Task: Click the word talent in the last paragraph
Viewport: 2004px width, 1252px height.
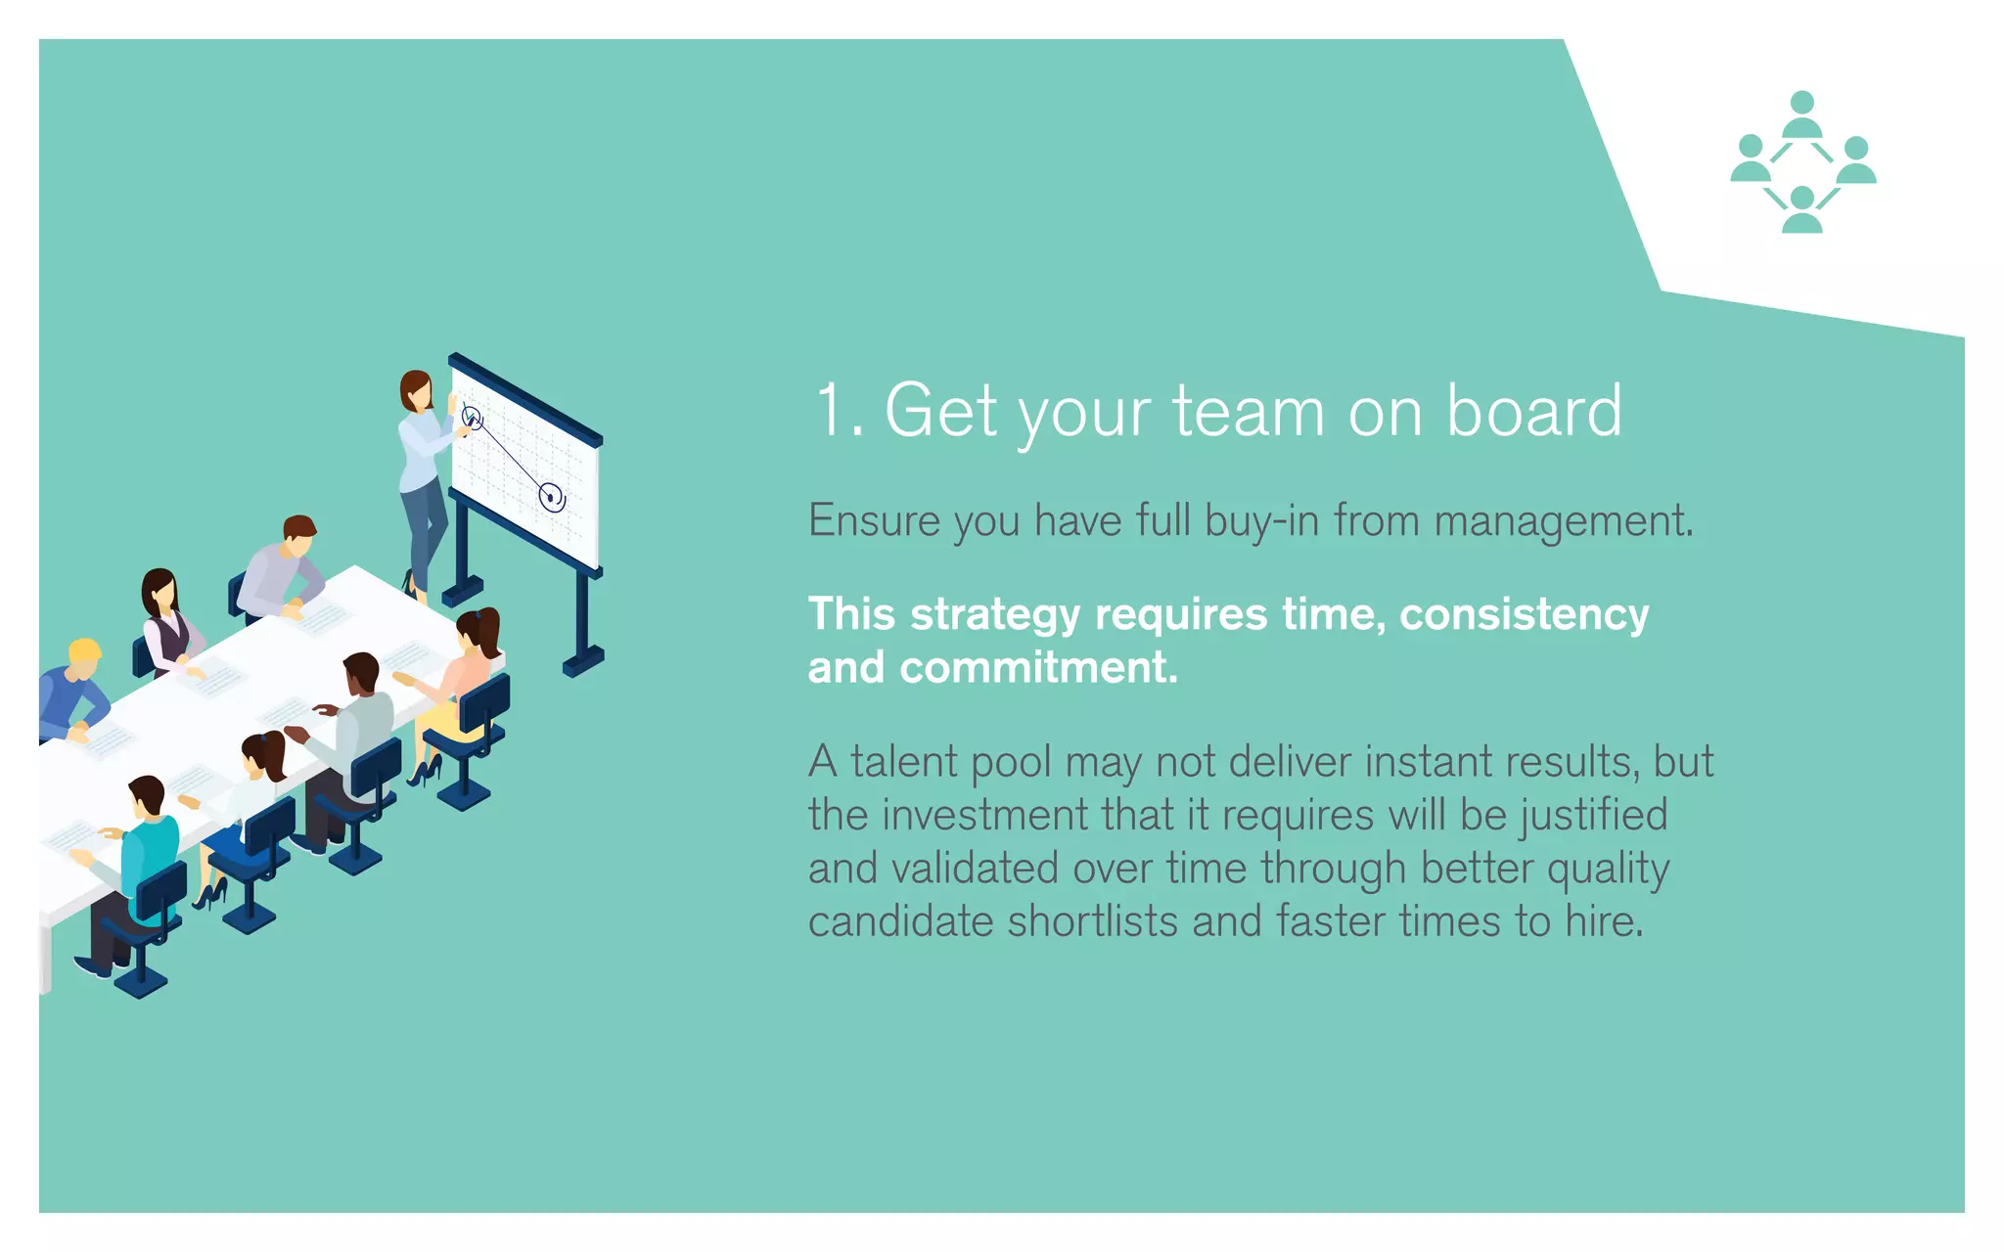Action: click(x=904, y=762)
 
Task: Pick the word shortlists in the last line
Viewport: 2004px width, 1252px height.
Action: click(x=1092, y=921)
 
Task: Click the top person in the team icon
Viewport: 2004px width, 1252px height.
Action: click(x=1802, y=113)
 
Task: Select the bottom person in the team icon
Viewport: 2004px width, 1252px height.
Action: click(x=1802, y=209)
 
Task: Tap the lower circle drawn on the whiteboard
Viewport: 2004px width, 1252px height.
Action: click(x=552, y=497)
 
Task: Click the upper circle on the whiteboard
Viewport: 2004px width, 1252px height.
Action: click(x=472, y=418)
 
